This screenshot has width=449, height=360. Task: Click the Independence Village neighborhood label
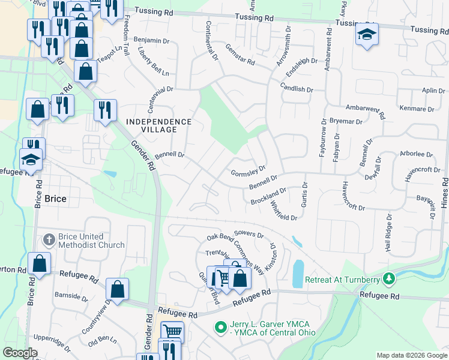[x=159, y=125]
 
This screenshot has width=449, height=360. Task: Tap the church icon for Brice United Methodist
[x=49, y=241]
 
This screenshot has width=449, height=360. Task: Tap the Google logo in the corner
[x=20, y=353]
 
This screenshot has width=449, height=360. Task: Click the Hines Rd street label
[x=444, y=192]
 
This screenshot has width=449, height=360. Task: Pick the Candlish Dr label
[x=297, y=88]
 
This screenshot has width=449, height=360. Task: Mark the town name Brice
[x=55, y=199]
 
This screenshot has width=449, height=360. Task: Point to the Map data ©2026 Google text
[x=411, y=355]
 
